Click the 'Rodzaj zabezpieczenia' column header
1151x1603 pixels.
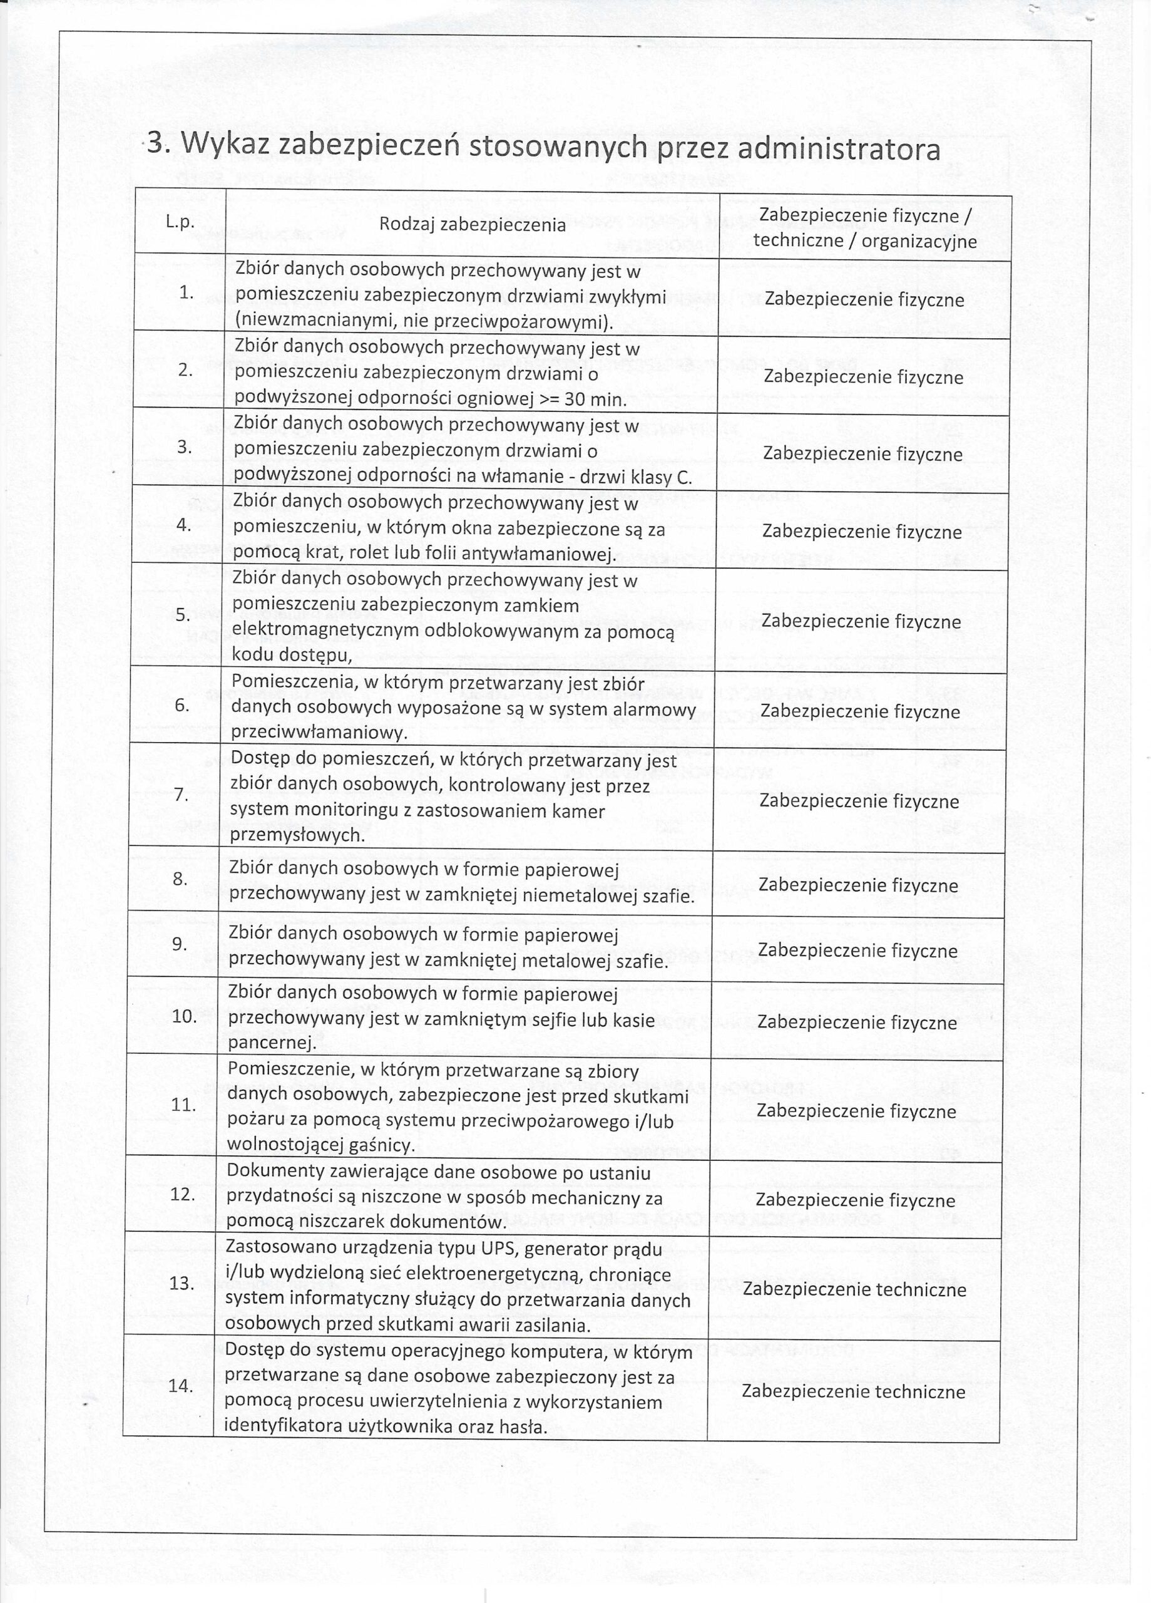[472, 225]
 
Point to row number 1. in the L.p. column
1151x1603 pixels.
[186, 292]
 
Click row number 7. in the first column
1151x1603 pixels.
[181, 795]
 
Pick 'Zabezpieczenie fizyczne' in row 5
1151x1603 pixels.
[861, 621]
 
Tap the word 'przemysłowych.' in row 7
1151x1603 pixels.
[297, 835]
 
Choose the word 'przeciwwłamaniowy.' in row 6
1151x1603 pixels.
[319, 732]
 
